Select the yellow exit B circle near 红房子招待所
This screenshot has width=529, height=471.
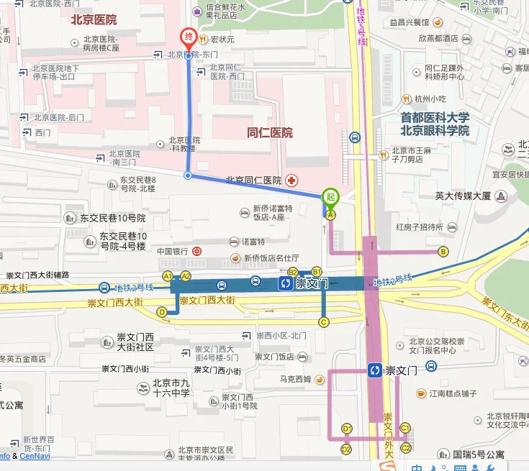click(x=443, y=251)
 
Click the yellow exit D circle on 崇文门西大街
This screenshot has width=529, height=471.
click(x=162, y=312)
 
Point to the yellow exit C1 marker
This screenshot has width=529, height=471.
click(x=404, y=427)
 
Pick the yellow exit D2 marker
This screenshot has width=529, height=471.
click(x=346, y=449)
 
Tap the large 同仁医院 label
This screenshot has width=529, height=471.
click(x=270, y=132)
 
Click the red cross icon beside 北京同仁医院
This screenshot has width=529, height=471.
click(x=291, y=180)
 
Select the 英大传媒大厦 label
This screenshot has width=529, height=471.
click(x=463, y=196)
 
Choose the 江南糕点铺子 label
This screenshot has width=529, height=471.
click(x=448, y=393)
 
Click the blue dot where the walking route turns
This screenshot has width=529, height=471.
click(x=188, y=175)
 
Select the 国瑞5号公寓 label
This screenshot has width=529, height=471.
click(x=479, y=454)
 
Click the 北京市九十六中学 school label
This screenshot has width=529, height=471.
click(x=171, y=388)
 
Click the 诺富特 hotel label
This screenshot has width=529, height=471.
click(x=253, y=242)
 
